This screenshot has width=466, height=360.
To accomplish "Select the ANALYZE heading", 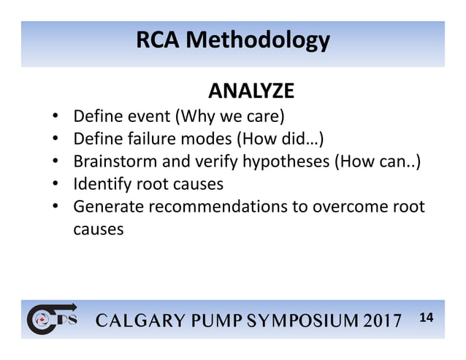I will [x=251, y=91].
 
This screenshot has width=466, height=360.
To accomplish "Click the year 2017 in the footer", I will [x=377, y=321].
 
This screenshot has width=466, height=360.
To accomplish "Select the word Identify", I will [x=100, y=183].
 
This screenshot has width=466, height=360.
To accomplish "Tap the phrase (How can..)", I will [x=378, y=161].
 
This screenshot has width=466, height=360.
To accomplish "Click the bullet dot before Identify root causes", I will [x=56, y=183].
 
